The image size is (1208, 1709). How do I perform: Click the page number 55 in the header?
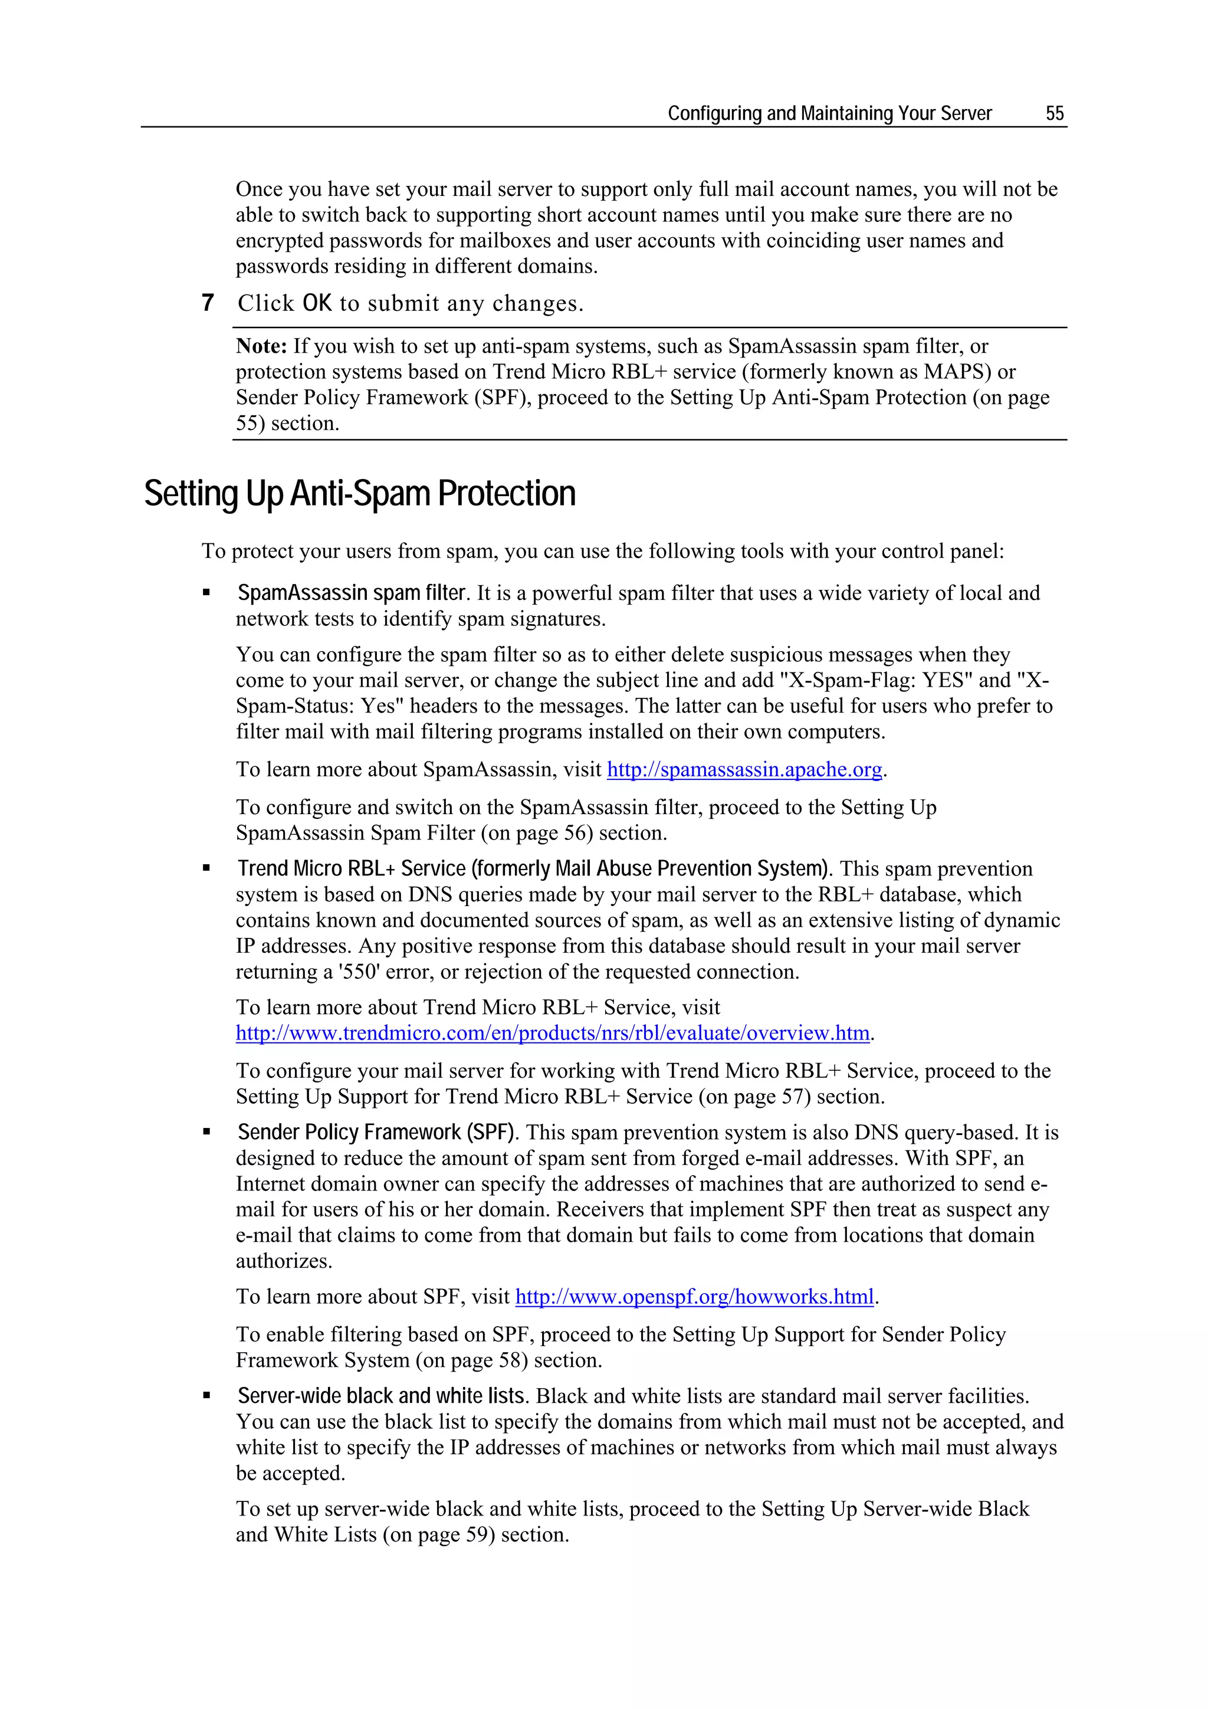pyautogui.click(x=1054, y=113)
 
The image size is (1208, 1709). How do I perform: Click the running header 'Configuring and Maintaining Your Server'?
pyautogui.click(x=829, y=113)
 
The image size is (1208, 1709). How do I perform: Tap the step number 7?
pyautogui.click(x=208, y=303)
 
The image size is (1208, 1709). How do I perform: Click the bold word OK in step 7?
pyautogui.click(x=317, y=303)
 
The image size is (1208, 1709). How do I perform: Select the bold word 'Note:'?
pyautogui.click(x=261, y=346)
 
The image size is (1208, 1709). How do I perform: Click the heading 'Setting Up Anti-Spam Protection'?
pyautogui.click(x=359, y=494)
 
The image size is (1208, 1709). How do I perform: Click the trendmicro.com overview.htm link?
pyautogui.click(x=552, y=1033)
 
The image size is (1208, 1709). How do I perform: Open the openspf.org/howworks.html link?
pyautogui.click(x=694, y=1297)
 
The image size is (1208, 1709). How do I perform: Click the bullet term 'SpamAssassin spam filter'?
pyautogui.click(x=352, y=593)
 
